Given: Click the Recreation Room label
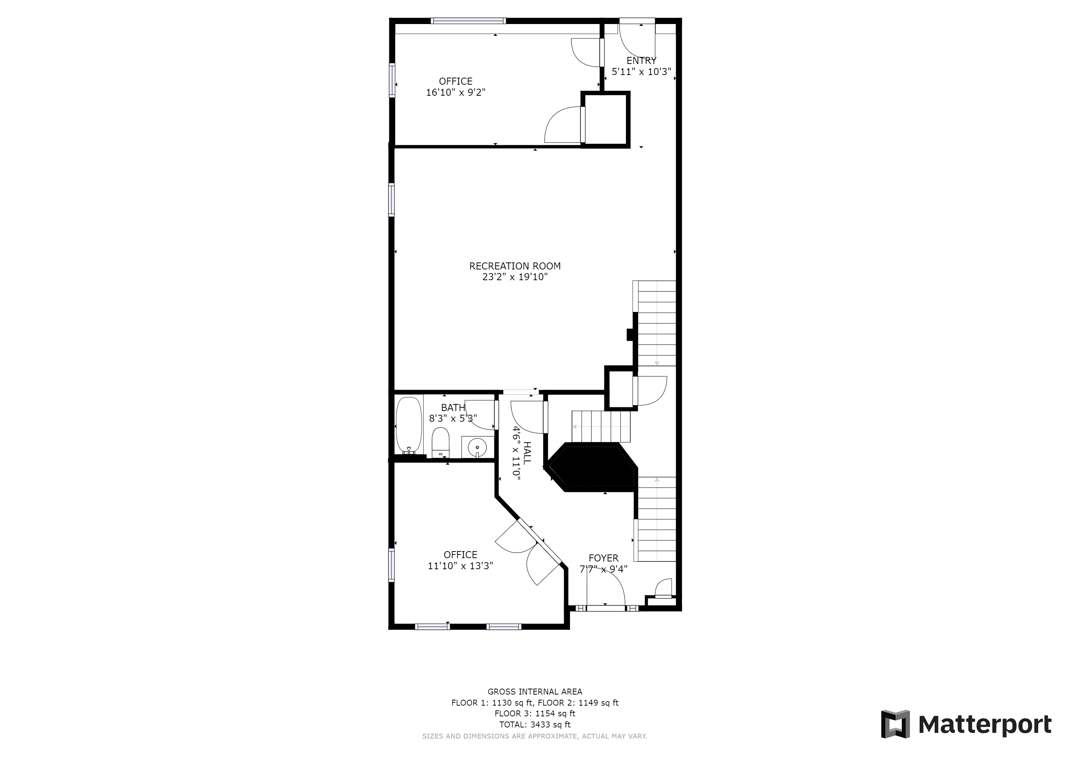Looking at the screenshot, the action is [515, 266].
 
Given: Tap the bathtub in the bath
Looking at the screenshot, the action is [409, 425].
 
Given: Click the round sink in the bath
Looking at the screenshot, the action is [477, 448].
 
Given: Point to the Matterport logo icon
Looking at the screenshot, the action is [895, 724].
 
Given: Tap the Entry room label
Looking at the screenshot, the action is [641, 61].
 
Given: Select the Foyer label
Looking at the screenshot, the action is [603, 558].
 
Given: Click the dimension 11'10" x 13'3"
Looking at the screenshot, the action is [460, 566].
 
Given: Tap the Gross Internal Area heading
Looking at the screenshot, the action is [535, 692].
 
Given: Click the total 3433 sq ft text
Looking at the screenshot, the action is [535, 724].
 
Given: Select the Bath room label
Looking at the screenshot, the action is [453, 408].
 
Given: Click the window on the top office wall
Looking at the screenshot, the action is [468, 20].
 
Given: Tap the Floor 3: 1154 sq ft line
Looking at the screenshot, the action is [535, 714].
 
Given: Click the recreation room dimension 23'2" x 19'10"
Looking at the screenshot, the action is [515, 277].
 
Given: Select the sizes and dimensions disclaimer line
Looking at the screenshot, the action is [535, 736].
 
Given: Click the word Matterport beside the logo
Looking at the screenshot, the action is [985, 725].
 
